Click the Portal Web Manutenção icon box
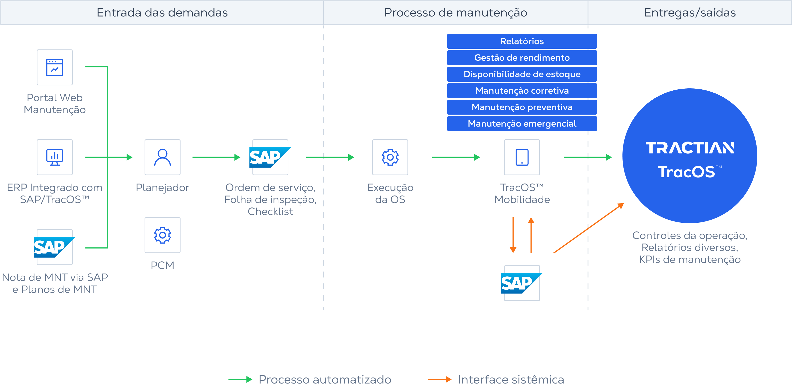click(x=55, y=67)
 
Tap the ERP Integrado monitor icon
click(x=55, y=157)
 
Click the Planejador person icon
click(x=162, y=157)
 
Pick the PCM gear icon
click(x=162, y=235)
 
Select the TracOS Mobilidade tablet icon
click(x=522, y=157)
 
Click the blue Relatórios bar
click(x=522, y=41)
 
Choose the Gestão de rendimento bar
click(x=522, y=58)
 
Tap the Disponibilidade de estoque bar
click(x=522, y=74)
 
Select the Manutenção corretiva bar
click(x=522, y=91)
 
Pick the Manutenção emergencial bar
click(x=522, y=124)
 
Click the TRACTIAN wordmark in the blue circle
click(x=690, y=148)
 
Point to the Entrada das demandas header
click(x=162, y=12)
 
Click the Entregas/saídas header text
click(x=690, y=12)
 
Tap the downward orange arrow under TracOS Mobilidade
click(x=513, y=235)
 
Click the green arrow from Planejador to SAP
click(x=216, y=157)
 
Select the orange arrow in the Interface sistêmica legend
click(x=439, y=379)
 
